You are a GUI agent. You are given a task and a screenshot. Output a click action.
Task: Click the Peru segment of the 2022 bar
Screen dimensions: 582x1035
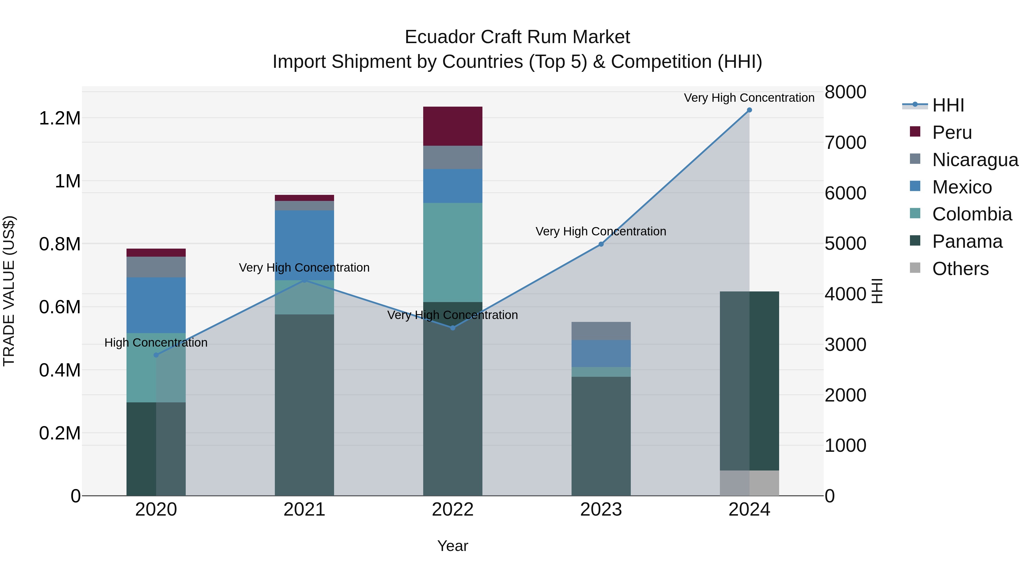(453, 126)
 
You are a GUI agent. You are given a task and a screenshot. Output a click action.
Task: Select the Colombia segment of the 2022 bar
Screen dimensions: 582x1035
(453, 252)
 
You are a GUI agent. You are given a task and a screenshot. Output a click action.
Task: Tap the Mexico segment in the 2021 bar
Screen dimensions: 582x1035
(304, 245)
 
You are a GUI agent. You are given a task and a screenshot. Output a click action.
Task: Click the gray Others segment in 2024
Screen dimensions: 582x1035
(749, 483)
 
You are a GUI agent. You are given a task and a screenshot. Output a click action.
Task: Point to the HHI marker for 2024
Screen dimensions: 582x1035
(749, 110)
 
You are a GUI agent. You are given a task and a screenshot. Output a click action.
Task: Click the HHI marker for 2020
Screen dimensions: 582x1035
(156, 355)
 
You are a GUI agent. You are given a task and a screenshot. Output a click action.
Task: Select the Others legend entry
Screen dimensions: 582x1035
(960, 269)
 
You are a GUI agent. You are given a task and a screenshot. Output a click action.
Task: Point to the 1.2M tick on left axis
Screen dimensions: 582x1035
(60, 118)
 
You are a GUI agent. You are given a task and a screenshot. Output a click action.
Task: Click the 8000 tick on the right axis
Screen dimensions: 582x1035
(845, 92)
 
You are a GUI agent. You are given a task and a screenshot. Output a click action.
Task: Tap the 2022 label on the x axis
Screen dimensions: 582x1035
(453, 510)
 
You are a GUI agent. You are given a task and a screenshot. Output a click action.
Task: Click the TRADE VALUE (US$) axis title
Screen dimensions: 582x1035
(9, 291)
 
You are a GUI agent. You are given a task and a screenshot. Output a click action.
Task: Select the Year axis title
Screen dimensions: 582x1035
(453, 546)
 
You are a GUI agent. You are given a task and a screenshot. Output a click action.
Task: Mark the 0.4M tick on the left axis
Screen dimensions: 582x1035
(60, 370)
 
